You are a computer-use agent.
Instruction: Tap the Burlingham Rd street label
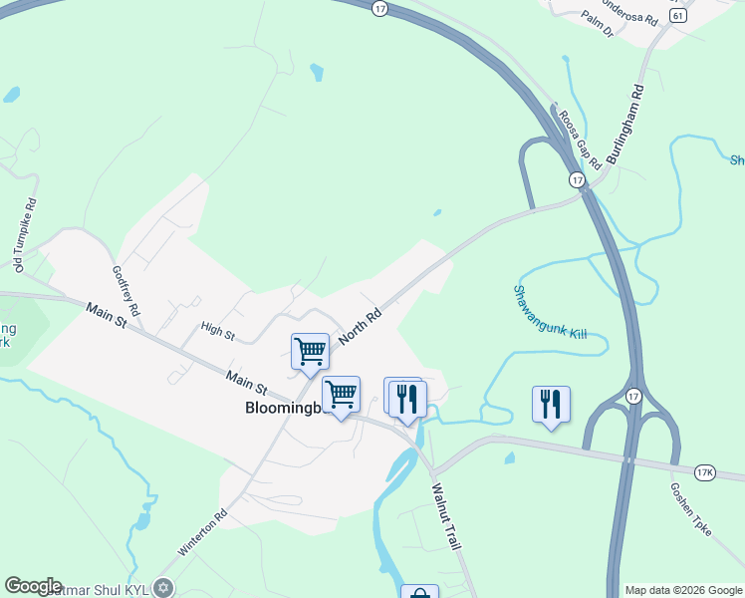coord(625,125)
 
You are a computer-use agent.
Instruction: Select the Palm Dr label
coord(601,27)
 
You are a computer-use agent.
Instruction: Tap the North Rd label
coord(360,326)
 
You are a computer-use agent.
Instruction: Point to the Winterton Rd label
coord(203,534)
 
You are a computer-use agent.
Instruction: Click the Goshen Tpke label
coord(691,512)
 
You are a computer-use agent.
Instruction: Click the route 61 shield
coord(678,16)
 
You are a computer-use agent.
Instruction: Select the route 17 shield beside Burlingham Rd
coord(577,179)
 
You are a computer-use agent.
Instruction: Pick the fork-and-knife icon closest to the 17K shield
coord(551,404)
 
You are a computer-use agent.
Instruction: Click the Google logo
coord(34,586)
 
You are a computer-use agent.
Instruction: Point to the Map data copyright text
coord(683,590)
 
